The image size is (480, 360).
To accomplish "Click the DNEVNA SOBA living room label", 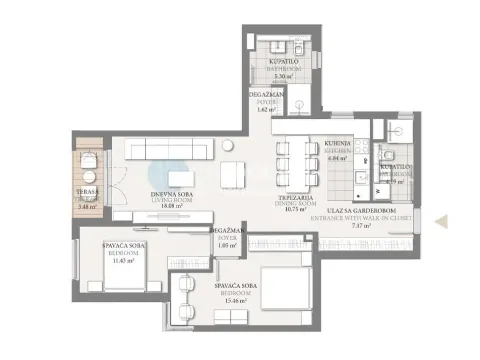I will pyautogui.click(x=171, y=190).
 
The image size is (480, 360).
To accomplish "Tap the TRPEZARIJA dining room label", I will pyautogui.click(x=296, y=198).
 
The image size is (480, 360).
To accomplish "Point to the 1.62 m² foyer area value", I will pyautogui.click(x=265, y=110).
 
